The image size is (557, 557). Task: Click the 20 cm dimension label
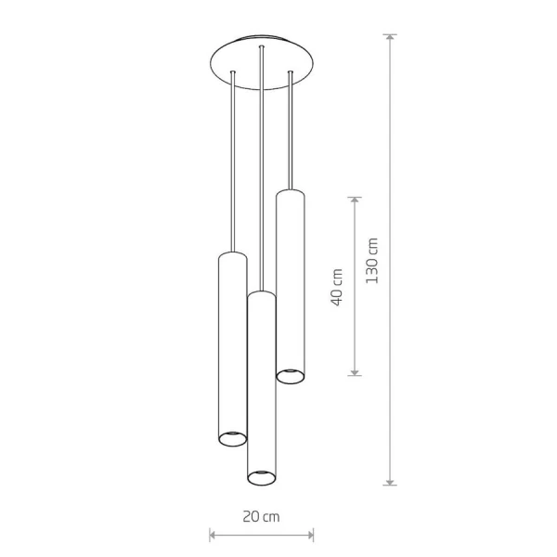tap(261, 516)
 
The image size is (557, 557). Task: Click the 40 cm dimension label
tap(337, 287)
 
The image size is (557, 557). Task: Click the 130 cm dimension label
tap(372, 260)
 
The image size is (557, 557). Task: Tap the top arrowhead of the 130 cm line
tap(390, 37)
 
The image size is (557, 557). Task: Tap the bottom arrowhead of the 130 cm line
tap(390, 481)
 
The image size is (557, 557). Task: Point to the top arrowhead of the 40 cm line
tap(355, 201)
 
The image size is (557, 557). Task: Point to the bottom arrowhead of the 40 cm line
tap(355, 371)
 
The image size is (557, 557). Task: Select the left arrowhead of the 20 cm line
tap(213, 535)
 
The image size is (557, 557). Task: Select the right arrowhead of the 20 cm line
tap(310, 535)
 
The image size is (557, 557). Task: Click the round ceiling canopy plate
tap(262, 62)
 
